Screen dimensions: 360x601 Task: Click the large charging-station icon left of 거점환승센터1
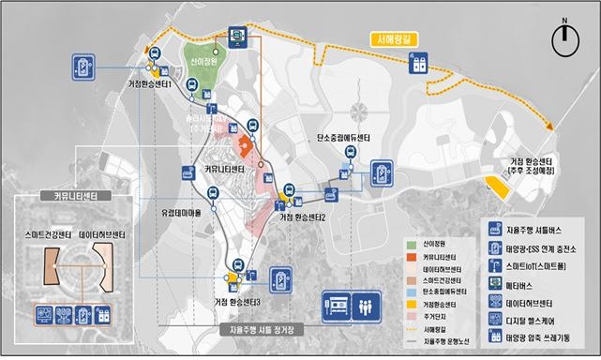point(84,67)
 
